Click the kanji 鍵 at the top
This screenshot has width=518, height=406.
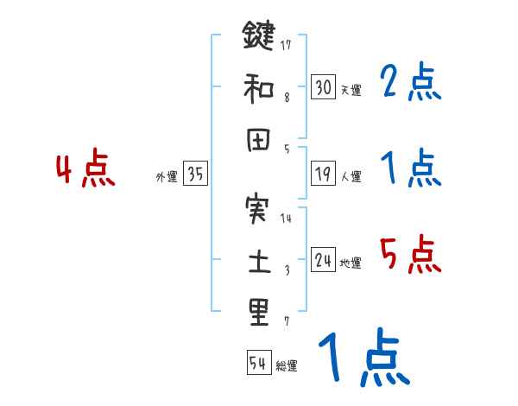[x=258, y=37]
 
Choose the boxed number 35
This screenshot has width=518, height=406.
[x=195, y=174]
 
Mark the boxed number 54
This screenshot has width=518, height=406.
[x=258, y=363]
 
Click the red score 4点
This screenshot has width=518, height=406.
[x=85, y=169]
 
